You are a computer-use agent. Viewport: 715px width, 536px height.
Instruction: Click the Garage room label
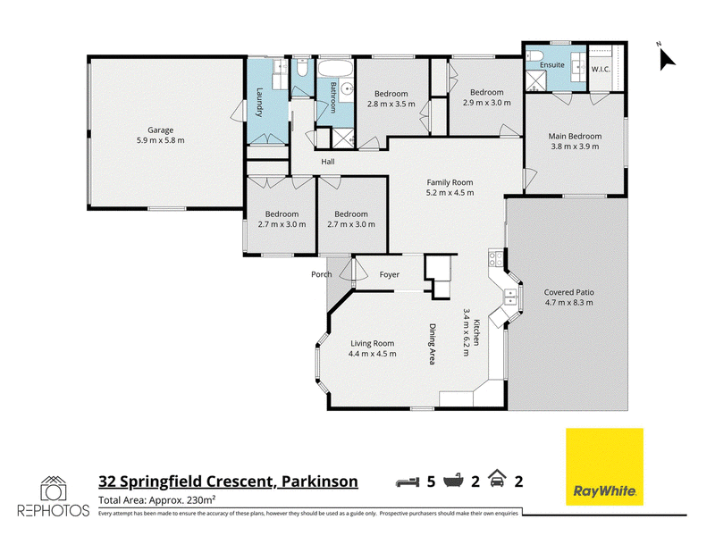[161, 130]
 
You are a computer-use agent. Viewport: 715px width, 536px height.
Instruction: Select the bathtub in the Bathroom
[335, 69]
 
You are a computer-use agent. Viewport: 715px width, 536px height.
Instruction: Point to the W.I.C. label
[601, 70]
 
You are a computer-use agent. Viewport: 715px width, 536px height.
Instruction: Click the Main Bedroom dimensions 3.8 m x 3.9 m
[575, 147]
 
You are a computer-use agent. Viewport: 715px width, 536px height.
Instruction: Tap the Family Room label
[450, 182]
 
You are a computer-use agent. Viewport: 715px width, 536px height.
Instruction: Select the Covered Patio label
[568, 292]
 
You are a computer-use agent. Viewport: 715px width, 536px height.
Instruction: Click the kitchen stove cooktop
[496, 258]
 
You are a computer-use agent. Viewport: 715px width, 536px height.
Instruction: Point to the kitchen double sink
[509, 297]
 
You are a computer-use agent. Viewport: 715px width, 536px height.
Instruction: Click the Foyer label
[390, 274]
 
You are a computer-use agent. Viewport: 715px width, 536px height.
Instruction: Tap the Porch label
[322, 274]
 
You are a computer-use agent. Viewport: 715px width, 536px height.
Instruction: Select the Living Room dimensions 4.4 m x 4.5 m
[372, 354]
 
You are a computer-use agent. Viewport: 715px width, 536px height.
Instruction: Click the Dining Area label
[433, 344]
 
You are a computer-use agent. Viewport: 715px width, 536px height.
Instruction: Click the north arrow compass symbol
[667, 58]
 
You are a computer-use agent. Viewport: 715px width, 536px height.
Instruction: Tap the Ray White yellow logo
[604, 466]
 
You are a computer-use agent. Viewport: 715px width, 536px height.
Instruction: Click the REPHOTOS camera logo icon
[54, 489]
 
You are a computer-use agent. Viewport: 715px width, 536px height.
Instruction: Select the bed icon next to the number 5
[408, 482]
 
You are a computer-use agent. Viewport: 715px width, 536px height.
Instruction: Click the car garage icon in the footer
[497, 479]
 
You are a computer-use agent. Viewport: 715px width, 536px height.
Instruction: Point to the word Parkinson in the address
[320, 482]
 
